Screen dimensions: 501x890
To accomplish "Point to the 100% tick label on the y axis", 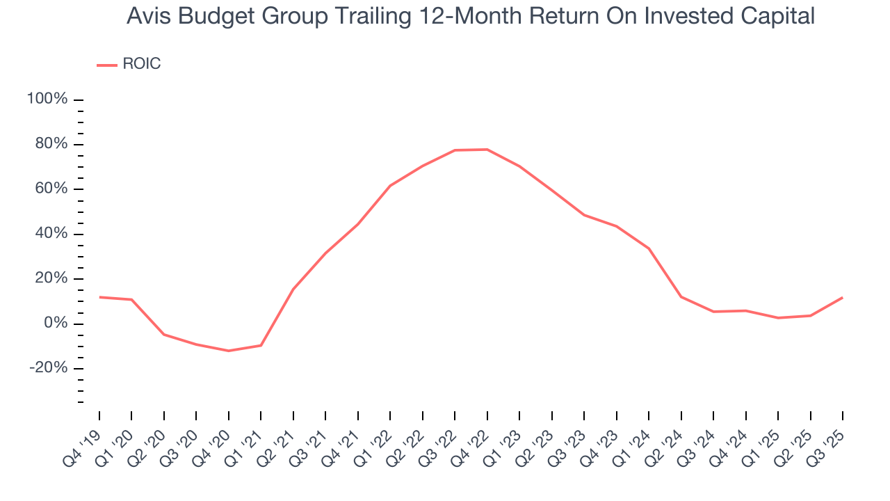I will click(x=47, y=100).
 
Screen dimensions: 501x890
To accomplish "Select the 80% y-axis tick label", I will click(x=50, y=144).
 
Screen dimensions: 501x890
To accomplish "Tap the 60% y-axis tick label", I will click(x=50, y=189).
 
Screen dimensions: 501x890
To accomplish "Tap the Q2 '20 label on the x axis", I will click(x=148, y=440).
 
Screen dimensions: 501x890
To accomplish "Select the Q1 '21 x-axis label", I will click(x=245, y=440).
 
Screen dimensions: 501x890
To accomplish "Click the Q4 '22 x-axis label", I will click(x=471, y=440).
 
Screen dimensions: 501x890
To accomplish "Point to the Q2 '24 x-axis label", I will click(x=665, y=440).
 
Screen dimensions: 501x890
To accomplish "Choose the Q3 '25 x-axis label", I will click(x=827, y=440).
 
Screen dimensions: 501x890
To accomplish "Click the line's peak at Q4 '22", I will click(x=487, y=150).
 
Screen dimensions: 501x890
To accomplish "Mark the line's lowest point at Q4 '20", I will click(x=228, y=351).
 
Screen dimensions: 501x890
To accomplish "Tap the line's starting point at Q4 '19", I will click(x=99, y=297).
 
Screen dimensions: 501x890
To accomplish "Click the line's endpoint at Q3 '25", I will click(x=843, y=298).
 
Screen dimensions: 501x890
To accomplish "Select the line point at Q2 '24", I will click(x=681, y=297).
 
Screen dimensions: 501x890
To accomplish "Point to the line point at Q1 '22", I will click(x=390, y=186).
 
